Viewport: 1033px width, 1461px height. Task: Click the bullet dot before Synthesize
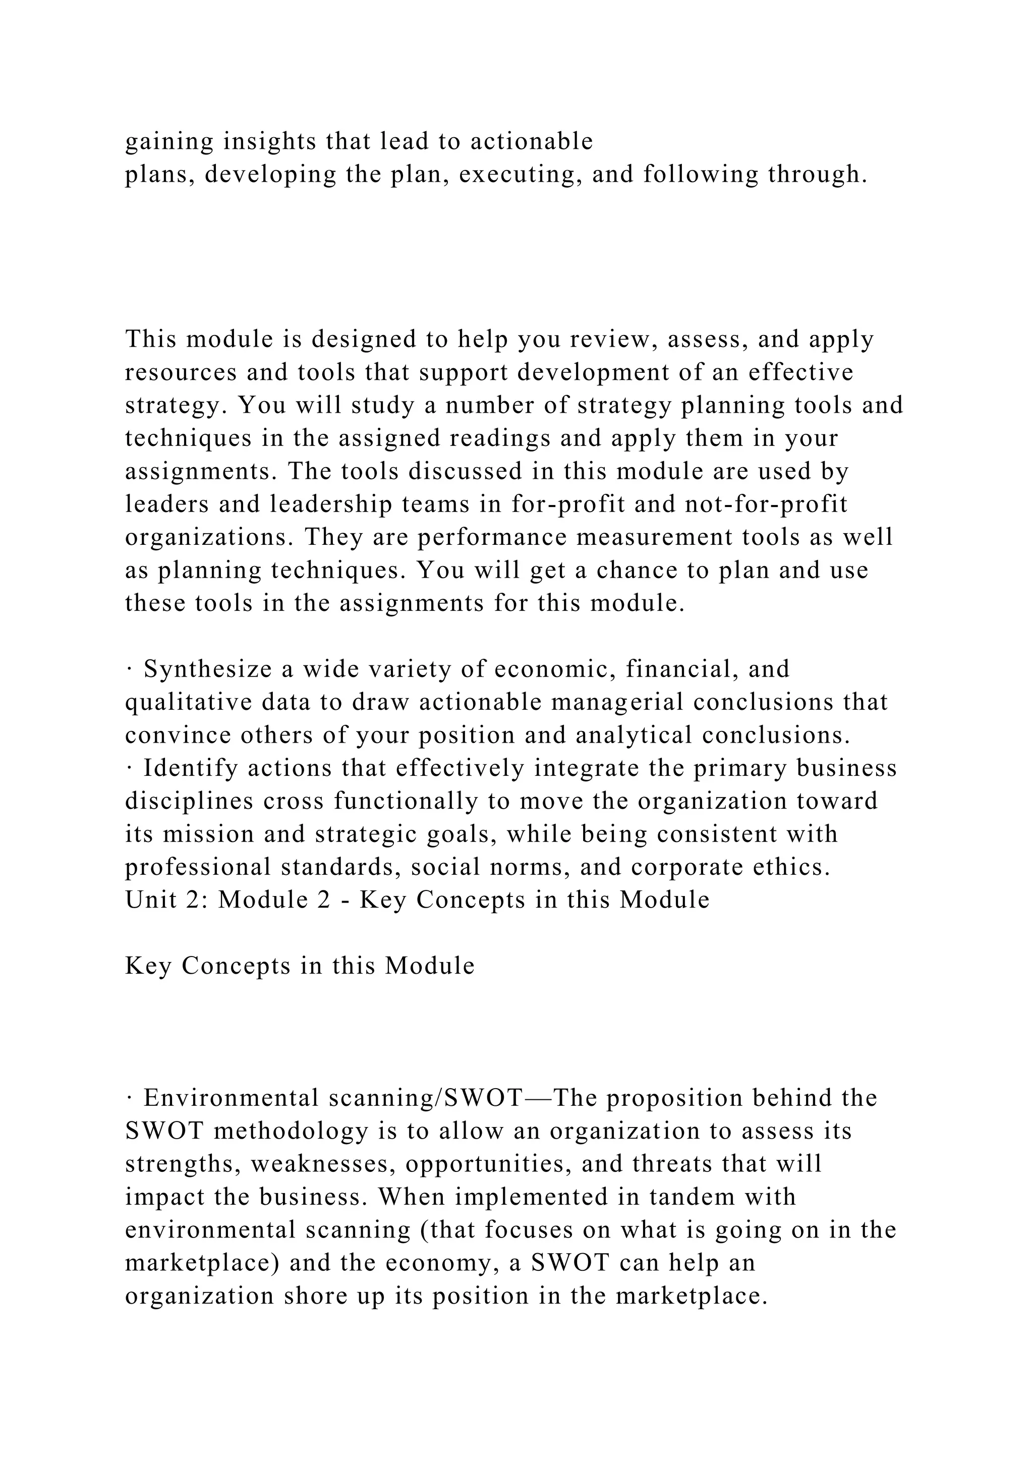[129, 670]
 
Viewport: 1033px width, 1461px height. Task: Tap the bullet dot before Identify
[129, 769]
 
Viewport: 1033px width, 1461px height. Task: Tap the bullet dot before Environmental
[129, 1099]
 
